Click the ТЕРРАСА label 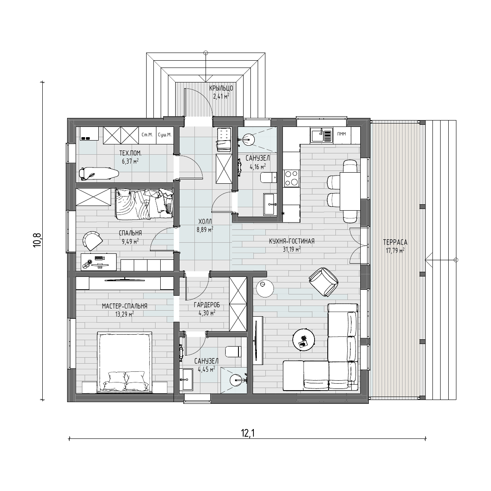[x=395, y=242]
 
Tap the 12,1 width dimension [x=248, y=433]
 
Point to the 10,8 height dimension [x=37, y=240]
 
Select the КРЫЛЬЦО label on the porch [x=221, y=88]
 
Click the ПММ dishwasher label [x=341, y=134]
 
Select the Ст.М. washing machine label [x=147, y=135]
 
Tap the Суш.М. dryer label [x=165, y=135]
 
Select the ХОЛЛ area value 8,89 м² [x=205, y=229]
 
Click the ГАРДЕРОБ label [x=207, y=305]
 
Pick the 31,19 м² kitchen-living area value [x=291, y=249]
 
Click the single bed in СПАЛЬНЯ [x=144, y=203]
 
